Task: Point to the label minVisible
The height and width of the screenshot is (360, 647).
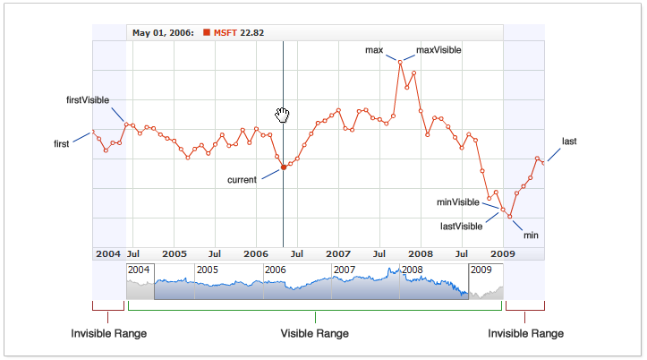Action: click(457, 202)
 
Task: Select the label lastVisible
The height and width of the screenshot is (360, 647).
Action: click(462, 226)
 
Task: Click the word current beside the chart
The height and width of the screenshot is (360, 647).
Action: click(242, 180)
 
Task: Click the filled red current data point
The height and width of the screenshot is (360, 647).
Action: click(284, 167)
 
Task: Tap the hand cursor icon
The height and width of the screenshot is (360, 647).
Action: click(283, 114)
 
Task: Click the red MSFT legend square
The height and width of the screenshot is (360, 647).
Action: click(208, 33)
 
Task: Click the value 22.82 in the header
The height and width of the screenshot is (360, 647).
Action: click(251, 33)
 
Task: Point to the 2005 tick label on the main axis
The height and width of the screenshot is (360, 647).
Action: click(174, 253)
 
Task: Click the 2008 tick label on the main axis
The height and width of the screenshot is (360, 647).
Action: click(421, 253)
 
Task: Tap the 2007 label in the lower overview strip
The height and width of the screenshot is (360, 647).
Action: click(344, 270)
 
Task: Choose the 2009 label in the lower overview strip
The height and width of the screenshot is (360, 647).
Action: click(481, 270)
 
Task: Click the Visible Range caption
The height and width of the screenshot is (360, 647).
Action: click(314, 333)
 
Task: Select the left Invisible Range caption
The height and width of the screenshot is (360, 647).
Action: click(109, 333)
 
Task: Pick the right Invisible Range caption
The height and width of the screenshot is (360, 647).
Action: click(525, 333)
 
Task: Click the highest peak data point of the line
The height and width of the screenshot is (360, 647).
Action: click(400, 61)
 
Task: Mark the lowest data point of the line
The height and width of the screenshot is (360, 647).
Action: click(510, 217)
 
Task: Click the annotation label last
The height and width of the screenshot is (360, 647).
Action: click(569, 141)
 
